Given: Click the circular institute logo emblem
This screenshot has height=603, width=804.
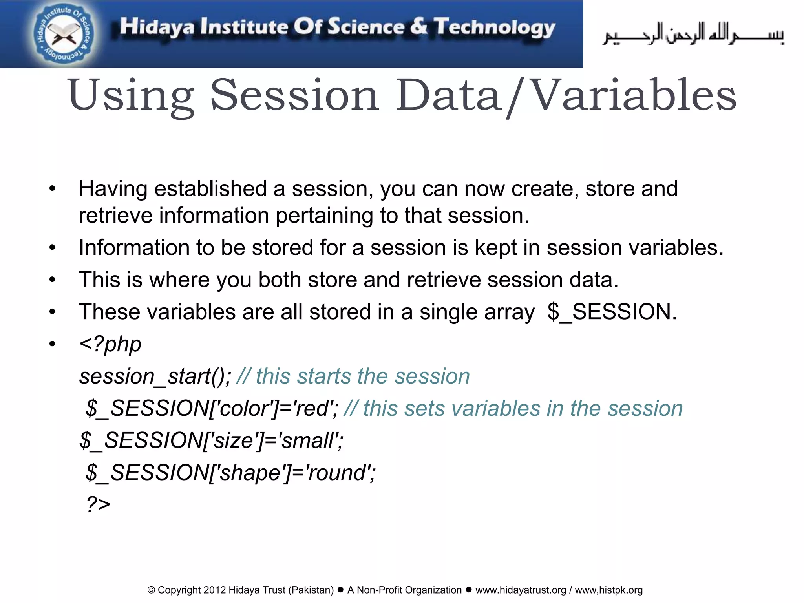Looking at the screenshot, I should point(63,34).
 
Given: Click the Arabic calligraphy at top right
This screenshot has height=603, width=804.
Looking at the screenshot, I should point(693,35).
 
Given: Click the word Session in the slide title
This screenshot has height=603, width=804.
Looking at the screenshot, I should point(294,95).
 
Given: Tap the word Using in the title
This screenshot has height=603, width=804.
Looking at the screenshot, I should point(131,95).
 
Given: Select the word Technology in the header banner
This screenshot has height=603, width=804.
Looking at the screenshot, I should point(494,27).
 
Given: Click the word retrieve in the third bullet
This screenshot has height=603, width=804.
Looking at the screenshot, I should point(444,280).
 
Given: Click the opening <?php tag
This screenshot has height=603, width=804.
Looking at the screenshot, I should point(110,344).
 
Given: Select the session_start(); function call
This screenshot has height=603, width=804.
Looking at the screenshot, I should point(155,376).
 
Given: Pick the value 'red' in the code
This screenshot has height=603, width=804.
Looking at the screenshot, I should point(314,409).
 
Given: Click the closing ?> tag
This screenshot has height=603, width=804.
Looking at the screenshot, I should point(99,504).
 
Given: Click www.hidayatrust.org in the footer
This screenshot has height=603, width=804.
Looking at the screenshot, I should point(521,590).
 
